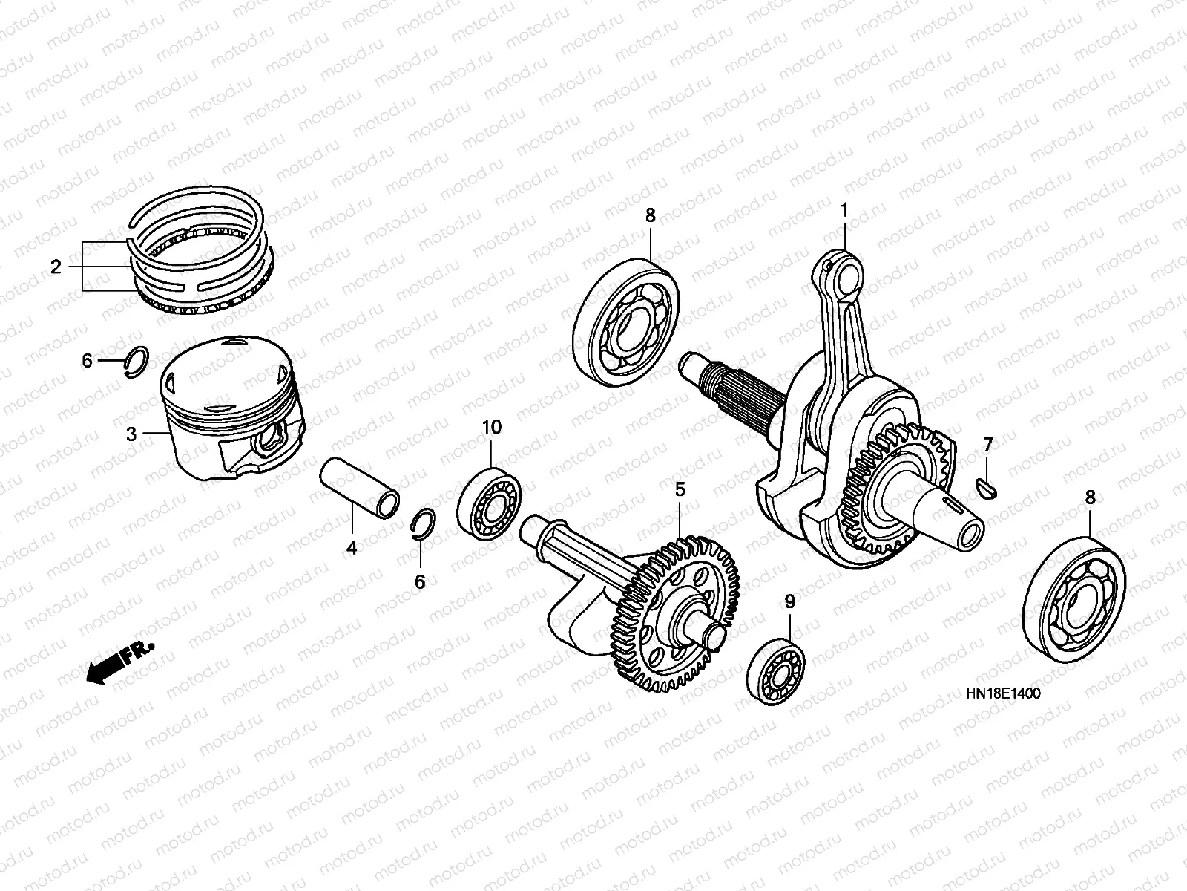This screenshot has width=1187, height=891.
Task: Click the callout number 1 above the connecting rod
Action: tap(844, 210)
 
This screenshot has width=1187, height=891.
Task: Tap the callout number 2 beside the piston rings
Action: tap(56, 267)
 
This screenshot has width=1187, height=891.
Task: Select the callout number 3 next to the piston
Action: tap(131, 434)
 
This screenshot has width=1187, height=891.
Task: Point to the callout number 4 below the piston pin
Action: tap(352, 548)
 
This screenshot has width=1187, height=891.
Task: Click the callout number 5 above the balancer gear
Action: tap(680, 489)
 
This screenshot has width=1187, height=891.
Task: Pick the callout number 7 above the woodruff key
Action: tap(988, 445)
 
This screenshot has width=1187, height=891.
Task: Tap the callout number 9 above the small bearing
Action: tap(790, 601)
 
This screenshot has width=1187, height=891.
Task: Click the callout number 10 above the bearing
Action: tap(492, 428)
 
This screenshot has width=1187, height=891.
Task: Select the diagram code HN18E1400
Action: tap(1003, 693)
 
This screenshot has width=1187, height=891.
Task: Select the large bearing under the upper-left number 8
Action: tap(625, 323)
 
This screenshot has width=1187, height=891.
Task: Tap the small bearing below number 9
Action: tap(775, 672)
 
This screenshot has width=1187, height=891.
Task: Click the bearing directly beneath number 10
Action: tap(489, 504)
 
